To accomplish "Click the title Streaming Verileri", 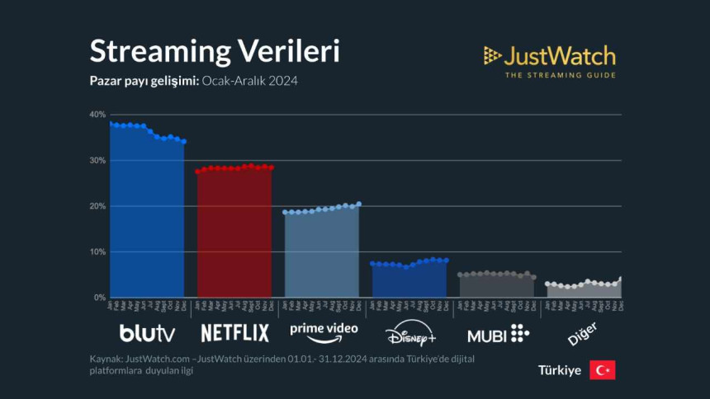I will point(214,51).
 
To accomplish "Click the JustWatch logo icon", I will point(493,56).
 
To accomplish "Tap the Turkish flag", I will point(602,370).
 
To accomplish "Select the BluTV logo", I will point(148,334).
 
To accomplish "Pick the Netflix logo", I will point(234,334).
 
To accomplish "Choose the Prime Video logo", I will point(324,332).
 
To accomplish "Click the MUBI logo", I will point(498,334).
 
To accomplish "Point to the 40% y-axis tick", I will point(97,115).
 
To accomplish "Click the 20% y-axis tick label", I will point(97,206).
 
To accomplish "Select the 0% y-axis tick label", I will point(99,297).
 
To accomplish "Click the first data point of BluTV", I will point(111,124).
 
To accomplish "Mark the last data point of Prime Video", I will point(359,204).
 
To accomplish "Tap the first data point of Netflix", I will point(198,171).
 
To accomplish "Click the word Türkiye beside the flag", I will point(560,371).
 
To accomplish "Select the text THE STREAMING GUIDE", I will point(560,75).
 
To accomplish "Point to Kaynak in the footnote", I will point(107,359).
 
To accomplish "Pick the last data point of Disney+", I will point(447,261).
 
